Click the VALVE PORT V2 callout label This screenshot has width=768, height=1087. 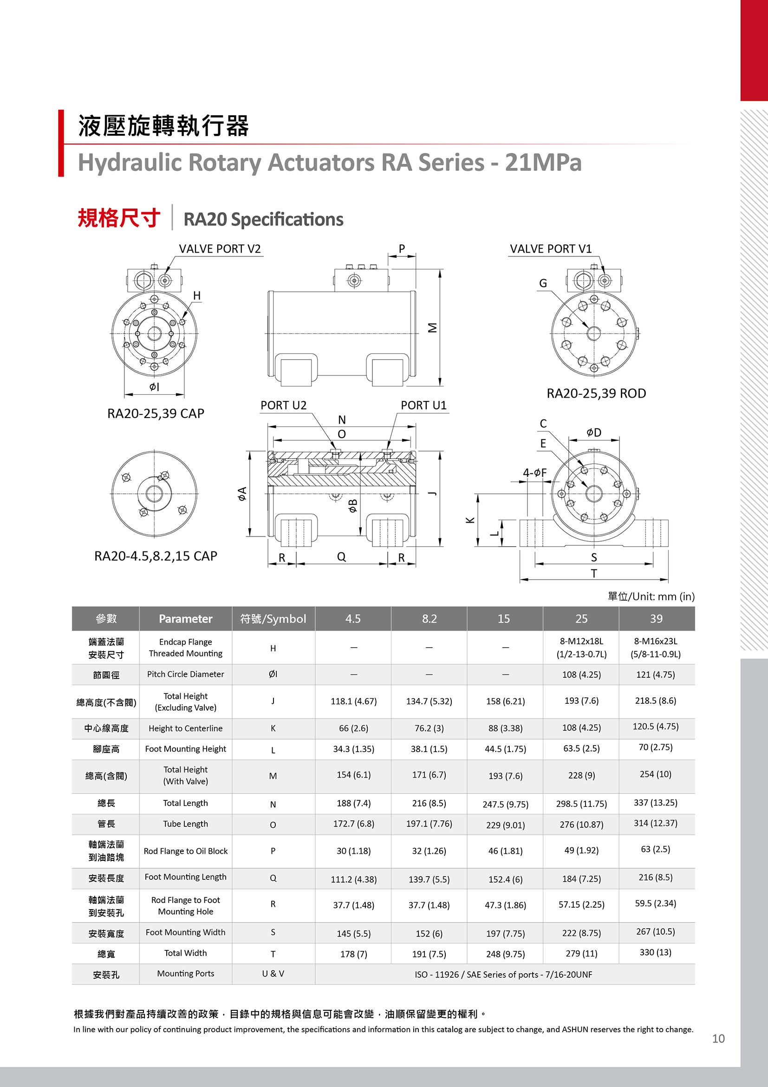pyautogui.click(x=220, y=249)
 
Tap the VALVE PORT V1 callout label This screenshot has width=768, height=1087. pyautogui.click(x=550, y=249)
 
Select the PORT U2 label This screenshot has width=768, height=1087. pyautogui.click(x=283, y=405)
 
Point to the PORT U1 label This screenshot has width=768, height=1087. pyautogui.click(x=423, y=405)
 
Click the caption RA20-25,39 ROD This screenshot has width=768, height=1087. pyautogui.click(x=596, y=393)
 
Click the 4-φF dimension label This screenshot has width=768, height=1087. pyautogui.click(x=535, y=472)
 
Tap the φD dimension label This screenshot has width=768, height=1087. pyautogui.click(x=594, y=432)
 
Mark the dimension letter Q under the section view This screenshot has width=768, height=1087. pyautogui.click(x=341, y=557)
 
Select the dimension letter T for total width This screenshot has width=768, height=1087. pyautogui.click(x=594, y=573)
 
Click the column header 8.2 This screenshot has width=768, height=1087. pyautogui.click(x=429, y=619)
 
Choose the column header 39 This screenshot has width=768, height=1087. pyautogui.click(x=656, y=619)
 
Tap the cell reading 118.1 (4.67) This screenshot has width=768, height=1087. pyautogui.click(x=353, y=701)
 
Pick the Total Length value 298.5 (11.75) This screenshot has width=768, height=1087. pyautogui.click(x=581, y=804)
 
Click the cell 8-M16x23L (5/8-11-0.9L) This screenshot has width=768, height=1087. pyautogui.click(x=656, y=648)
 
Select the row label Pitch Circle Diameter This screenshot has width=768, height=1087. pyautogui.click(x=185, y=674)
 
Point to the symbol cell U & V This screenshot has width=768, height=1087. pyautogui.click(x=273, y=973)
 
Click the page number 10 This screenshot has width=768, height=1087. pyautogui.click(x=718, y=1039)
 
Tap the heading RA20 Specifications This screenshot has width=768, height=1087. pyautogui.click(x=263, y=220)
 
